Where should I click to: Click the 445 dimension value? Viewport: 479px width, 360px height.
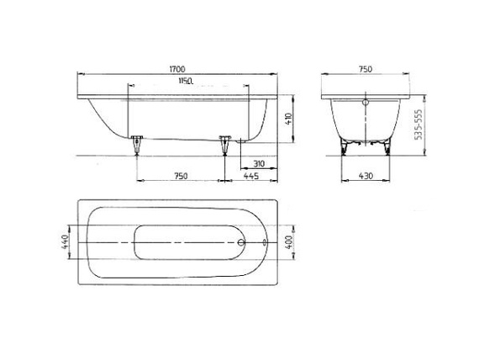point(250,176)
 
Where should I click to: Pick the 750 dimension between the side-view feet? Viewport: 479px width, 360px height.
point(180,176)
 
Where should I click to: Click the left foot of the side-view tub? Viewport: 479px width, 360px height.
point(135,146)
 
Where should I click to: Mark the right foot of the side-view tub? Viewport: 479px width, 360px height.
point(224,146)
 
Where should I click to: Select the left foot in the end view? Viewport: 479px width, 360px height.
point(344,147)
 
